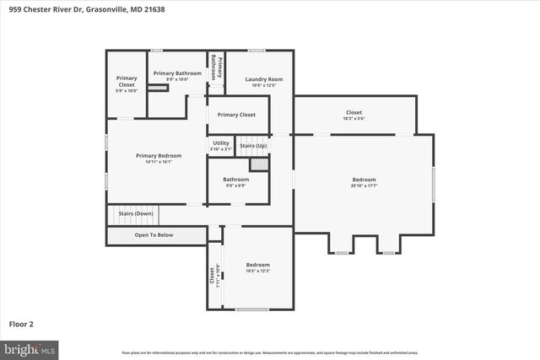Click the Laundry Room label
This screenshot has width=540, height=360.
[263, 79]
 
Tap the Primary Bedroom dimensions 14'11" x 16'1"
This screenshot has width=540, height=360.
[159, 162]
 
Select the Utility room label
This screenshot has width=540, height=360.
[220, 143]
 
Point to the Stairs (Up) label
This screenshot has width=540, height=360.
[253, 146]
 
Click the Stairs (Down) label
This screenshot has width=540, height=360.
[136, 213]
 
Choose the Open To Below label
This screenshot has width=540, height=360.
[154, 235]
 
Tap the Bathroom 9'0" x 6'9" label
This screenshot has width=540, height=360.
[236, 179]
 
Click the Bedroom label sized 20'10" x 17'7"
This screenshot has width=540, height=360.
[364, 180]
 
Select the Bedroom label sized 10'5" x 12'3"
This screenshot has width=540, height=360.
[257, 265]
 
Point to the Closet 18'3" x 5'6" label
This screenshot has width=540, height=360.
[354, 112]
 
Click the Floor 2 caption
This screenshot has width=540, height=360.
[22, 323]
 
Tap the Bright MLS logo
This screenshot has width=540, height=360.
[30, 348]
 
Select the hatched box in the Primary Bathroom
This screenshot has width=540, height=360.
[158, 87]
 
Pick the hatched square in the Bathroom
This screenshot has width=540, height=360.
[259, 164]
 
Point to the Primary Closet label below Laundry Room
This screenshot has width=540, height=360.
[236, 115]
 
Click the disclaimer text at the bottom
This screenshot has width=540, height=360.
[270, 352]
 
